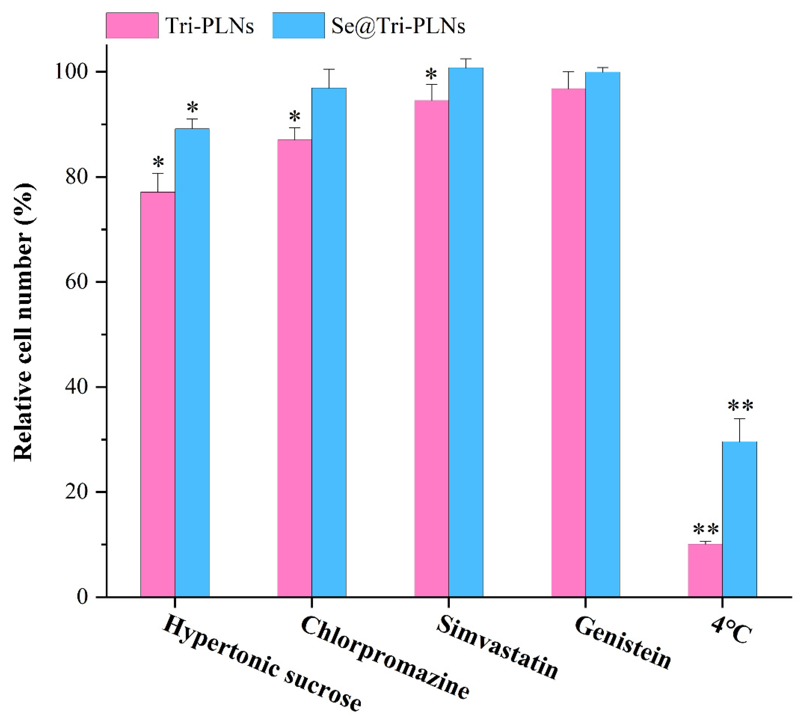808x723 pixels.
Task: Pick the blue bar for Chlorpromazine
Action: pyautogui.click(x=329, y=342)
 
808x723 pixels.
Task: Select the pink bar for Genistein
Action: pyautogui.click(x=568, y=342)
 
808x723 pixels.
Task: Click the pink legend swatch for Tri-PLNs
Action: pyautogui.click(x=132, y=25)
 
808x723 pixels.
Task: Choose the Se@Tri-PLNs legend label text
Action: pyautogui.click(x=398, y=26)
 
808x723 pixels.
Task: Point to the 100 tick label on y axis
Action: pyautogui.click(x=70, y=72)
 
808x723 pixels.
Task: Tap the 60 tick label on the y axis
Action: pyautogui.click(x=76, y=282)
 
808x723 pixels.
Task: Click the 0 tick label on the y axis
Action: pyautogui.click(x=82, y=597)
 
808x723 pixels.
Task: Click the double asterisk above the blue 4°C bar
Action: pyautogui.click(x=740, y=407)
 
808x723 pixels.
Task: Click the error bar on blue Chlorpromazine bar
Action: pyautogui.click(x=329, y=78)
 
